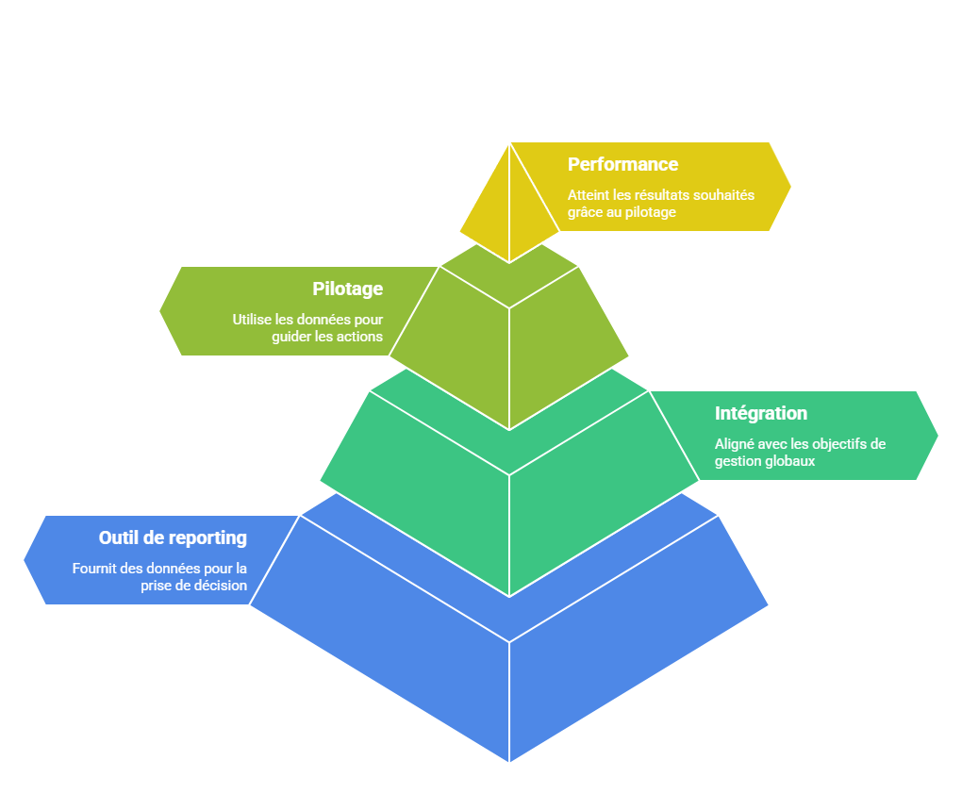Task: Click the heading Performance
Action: point(622,164)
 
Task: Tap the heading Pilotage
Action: point(347,289)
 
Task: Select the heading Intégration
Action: point(760,413)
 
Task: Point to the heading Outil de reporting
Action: point(173,537)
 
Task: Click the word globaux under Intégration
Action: point(790,461)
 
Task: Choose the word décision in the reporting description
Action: point(218,586)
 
